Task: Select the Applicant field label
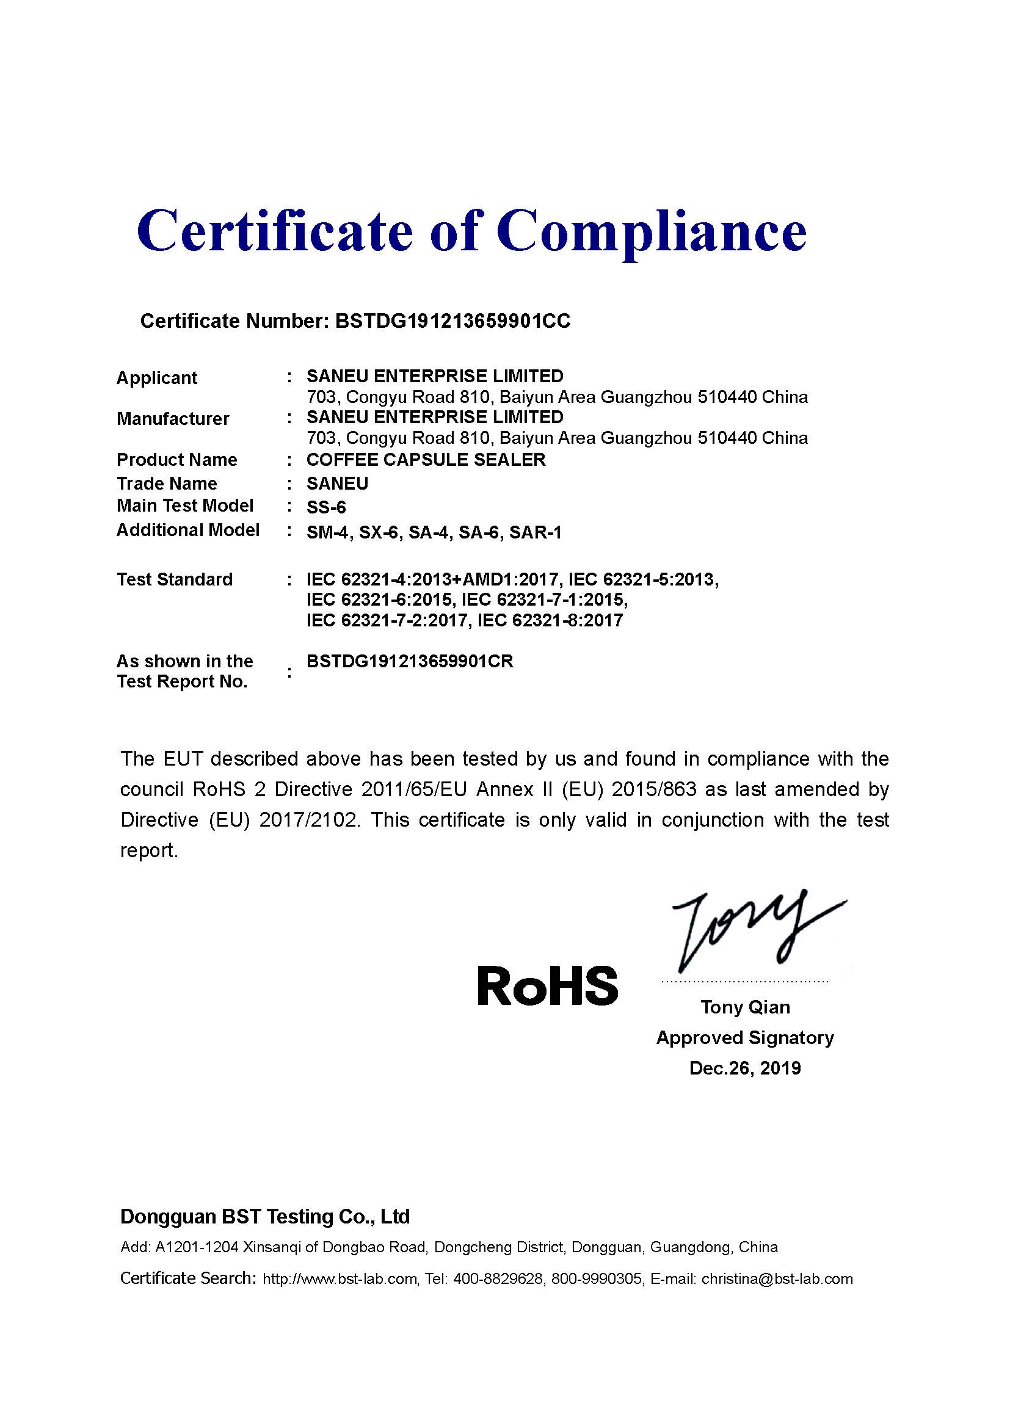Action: coord(157,377)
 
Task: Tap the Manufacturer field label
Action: coord(173,419)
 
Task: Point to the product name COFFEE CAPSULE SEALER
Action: coord(426,460)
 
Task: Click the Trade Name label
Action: coord(167,484)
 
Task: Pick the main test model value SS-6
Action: coord(326,507)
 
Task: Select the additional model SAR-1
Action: coord(535,532)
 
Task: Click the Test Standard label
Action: coord(175,579)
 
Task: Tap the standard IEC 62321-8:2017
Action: coord(550,620)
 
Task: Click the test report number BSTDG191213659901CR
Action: coord(410,661)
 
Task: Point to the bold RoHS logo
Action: coord(547,986)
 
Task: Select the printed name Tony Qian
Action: coord(745,1007)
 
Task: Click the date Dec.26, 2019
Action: coord(745,1068)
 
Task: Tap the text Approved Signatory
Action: coord(745,1037)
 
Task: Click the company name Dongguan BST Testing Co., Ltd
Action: coord(265,1216)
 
